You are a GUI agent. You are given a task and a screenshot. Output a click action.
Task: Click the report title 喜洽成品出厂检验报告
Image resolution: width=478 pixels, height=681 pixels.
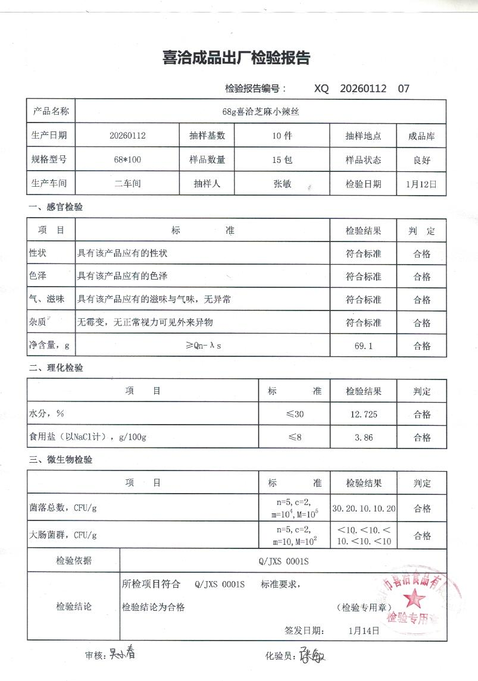coord(236,58)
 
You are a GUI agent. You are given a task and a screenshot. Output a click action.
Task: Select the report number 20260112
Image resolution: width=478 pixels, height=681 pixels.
coord(363,89)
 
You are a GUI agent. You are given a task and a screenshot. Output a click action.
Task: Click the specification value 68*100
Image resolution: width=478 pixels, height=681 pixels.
coord(127,159)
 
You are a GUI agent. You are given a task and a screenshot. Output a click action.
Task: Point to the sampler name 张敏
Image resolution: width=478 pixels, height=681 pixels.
coord(282,184)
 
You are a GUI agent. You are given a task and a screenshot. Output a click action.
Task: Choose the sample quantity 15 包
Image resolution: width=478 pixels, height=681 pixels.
coord(282,159)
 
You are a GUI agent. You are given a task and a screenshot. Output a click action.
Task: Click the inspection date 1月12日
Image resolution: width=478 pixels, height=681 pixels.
coord(421,184)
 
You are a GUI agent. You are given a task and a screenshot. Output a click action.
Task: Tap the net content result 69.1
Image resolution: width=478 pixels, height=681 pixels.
coord(363,346)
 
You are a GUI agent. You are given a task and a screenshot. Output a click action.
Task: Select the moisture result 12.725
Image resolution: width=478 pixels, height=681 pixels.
coord(363,414)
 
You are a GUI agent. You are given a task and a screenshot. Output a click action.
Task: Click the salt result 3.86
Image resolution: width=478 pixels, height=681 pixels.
coord(363,437)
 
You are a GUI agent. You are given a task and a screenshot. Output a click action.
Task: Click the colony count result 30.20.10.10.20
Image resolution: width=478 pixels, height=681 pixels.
coord(364,509)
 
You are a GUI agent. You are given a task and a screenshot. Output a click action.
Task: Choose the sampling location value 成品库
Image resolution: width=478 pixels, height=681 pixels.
coord(421,136)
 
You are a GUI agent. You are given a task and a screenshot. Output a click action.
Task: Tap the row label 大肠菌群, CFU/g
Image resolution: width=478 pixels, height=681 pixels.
coord(63,535)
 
